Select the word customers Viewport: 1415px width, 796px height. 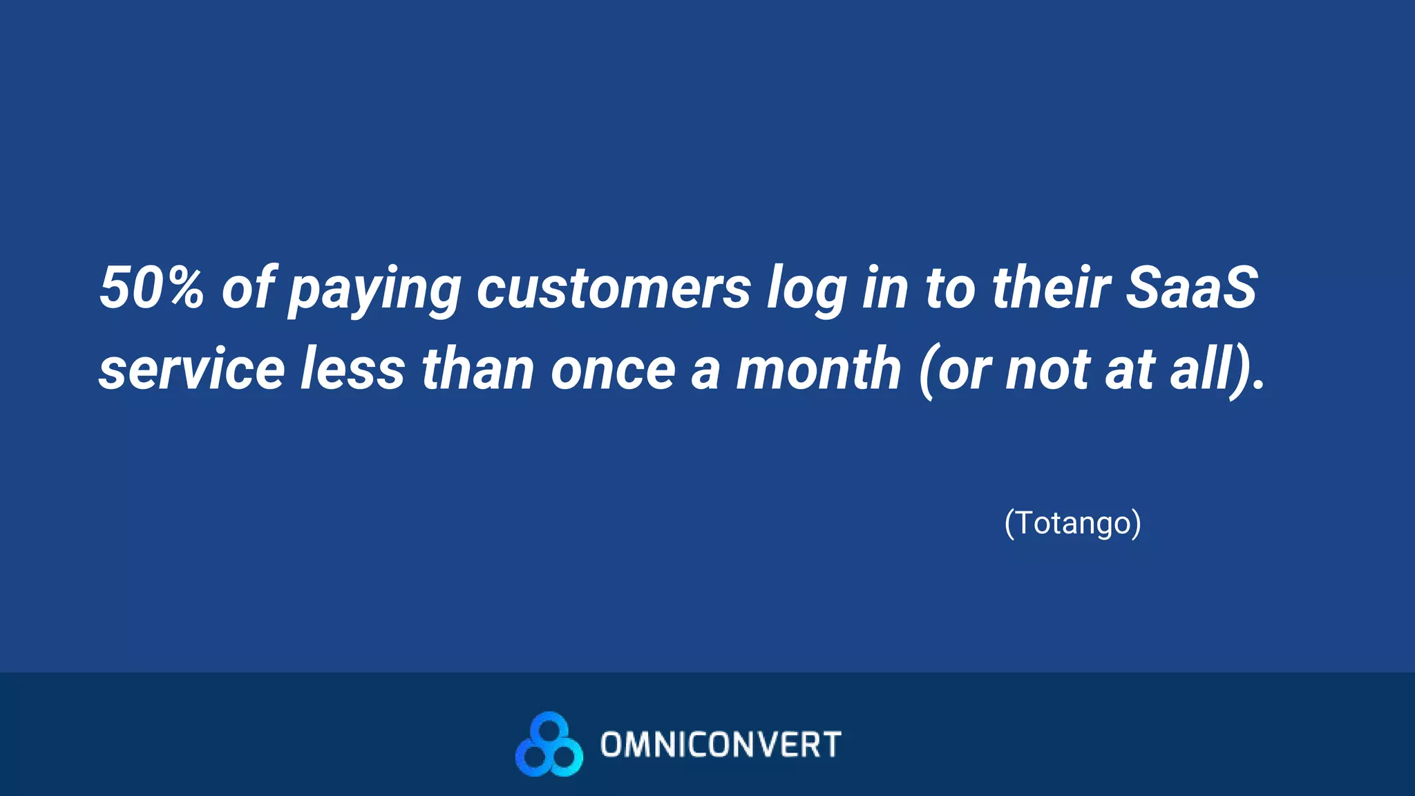click(614, 287)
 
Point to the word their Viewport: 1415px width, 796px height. click(1051, 287)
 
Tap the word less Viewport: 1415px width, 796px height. click(352, 369)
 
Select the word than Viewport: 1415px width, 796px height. click(477, 369)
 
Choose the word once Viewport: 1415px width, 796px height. click(613, 370)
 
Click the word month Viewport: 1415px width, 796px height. click(818, 369)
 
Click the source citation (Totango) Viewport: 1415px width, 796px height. click(1072, 523)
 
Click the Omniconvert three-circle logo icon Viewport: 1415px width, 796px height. click(549, 744)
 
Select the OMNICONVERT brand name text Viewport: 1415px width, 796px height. click(721, 745)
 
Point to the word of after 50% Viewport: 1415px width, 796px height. click(247, 287)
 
